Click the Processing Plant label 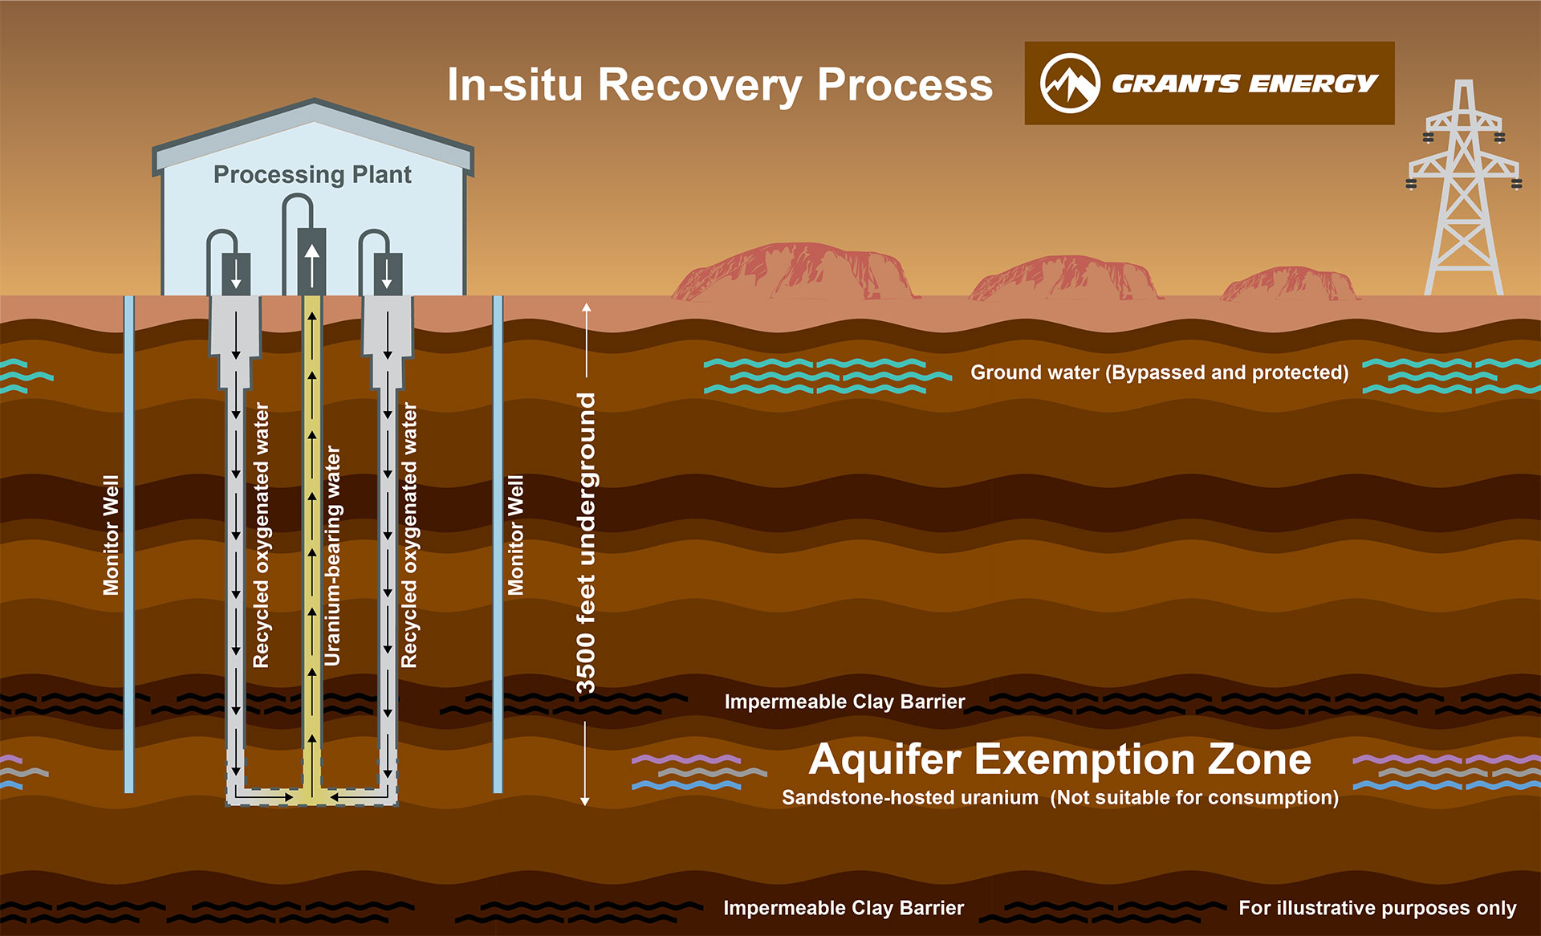point(312,174)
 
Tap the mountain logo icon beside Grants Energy point(1069,83)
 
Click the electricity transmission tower point(1464,193)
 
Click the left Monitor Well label point(111,535)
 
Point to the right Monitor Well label point(515,535)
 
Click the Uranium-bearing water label point(332,555)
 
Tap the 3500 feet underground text point(587,543)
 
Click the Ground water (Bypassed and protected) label point(1159,372)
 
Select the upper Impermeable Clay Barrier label point(844,702)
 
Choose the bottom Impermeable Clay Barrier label point(844,908)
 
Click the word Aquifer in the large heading point(884,759)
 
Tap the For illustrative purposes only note point(1377,908)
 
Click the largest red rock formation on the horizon point(795,273)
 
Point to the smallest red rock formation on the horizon point(1288,284)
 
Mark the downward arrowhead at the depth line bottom point(585,800)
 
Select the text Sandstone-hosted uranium point(909,798)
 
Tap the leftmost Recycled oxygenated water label point(261,535)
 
